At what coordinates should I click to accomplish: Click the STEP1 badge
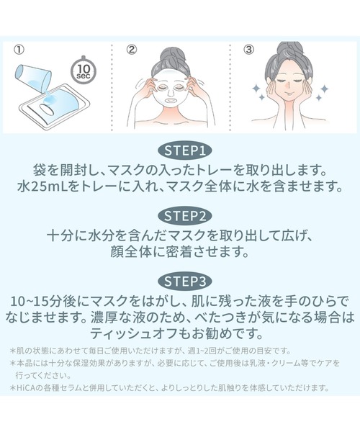tap(180, 151)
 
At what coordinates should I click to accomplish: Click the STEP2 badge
tap(180, 215)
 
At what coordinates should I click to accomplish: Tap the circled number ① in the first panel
tap(19, 50)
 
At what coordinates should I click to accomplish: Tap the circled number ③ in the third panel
tap(248, 50)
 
